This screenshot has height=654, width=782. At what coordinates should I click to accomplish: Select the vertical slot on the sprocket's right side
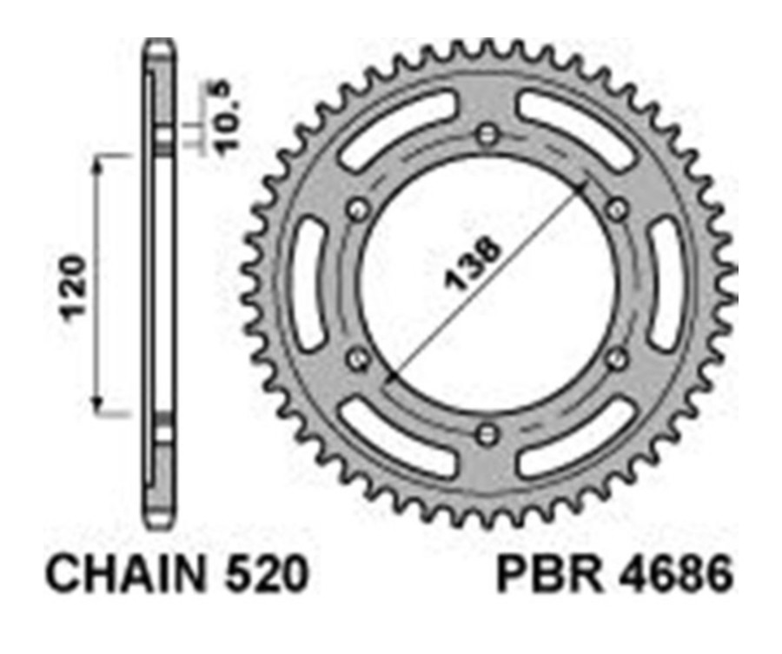click(670, 284)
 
